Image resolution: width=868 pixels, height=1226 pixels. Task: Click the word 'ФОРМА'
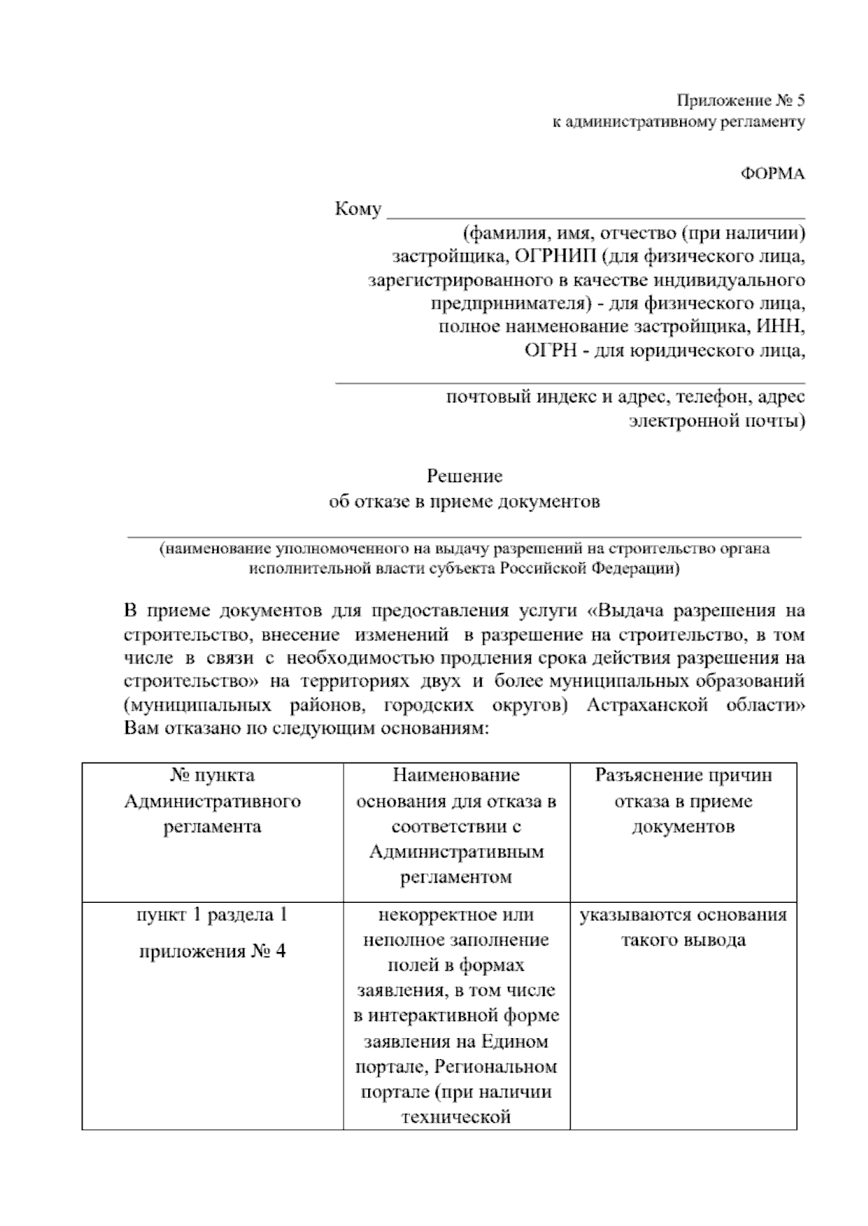point(772,174)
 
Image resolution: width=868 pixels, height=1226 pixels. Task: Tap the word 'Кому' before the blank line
point(358,210)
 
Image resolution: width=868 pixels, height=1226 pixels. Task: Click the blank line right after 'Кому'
point(596,214)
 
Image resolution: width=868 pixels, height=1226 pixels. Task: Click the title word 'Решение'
point(464,476)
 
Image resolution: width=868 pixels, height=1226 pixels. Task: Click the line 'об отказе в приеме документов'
point(464,502)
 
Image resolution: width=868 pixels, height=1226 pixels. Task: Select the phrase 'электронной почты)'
point(716,420)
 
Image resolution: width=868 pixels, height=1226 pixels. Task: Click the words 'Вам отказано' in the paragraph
point(174,728)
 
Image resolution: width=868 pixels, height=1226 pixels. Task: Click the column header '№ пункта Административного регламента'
point(212,801)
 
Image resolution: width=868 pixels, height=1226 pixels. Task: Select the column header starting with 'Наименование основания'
point(456,826)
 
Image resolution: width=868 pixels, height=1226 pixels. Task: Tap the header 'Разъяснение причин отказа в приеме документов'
point(683,801)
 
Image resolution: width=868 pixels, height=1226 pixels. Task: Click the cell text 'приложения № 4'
point(212,951)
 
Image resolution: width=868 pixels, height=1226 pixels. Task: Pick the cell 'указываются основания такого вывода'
point(683,927)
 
